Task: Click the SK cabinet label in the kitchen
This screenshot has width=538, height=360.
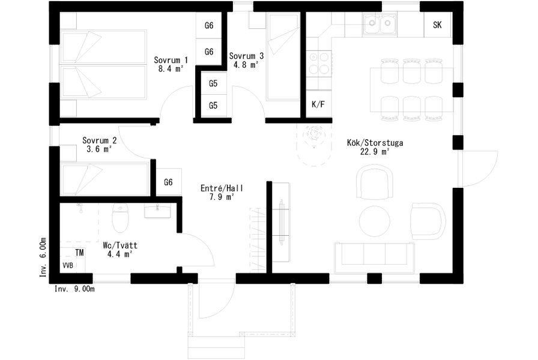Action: point(437,25)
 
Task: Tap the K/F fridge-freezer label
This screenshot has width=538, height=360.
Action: point(318,104)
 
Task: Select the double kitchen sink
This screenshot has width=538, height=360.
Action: point(379,23)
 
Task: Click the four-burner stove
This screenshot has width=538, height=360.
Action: point(319,63)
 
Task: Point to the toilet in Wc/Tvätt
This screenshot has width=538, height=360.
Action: point(120,218)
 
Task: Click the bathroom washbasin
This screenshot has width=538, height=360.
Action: point(157,210)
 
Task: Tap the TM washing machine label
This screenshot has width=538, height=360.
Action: point(79,253)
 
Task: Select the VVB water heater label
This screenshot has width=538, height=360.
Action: point(68,265)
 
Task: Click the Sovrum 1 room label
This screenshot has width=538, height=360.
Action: point(171,60)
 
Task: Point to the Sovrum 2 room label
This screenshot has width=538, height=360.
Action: point(100,140)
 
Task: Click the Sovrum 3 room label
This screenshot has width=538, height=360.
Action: point(246,56)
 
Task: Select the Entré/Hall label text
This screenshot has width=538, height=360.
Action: point(222,188)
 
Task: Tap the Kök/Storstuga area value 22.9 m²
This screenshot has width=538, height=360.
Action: point(375,152)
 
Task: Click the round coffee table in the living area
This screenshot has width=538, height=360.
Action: point(375,221)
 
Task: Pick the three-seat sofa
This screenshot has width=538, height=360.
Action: point(375,258)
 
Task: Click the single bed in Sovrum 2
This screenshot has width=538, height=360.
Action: point(104,179)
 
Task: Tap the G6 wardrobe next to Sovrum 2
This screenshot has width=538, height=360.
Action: point(168,182)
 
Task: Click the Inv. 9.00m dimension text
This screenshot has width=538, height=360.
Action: point(74,289)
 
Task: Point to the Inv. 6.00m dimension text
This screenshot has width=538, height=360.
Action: point(43,257)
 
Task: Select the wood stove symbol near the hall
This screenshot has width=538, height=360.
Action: point(314,134)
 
